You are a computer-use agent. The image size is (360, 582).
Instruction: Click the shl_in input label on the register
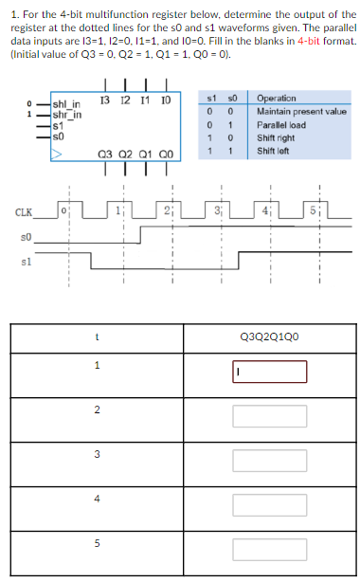67,103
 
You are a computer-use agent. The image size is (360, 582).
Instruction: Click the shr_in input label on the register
67,114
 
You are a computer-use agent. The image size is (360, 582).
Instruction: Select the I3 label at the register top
103,99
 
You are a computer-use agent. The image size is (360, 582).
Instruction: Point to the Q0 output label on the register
167,156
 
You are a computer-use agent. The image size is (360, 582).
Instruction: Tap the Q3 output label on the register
105,156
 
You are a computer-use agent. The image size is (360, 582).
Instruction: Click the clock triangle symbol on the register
59,150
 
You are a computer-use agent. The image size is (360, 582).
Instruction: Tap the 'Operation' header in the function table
276,99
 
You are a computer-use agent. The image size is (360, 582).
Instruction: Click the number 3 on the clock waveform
218,209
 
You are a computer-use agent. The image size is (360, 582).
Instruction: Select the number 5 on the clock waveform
322,209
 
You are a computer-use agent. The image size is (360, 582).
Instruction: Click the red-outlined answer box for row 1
269,372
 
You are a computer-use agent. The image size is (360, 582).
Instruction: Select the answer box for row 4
269,499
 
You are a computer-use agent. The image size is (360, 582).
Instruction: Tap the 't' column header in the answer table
97,335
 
